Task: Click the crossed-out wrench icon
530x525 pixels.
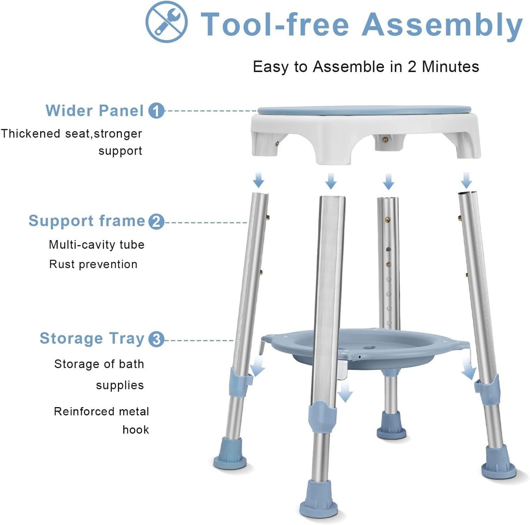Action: point(167,22)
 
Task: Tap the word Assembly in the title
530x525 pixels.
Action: point(442,25)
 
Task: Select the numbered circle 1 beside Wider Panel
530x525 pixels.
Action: point(156,111)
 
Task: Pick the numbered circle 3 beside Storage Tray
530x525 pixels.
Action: point(156,340)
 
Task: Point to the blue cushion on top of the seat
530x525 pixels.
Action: point(365,110)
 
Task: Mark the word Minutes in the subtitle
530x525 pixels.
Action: point(450,67)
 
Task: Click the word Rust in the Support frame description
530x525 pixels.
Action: point(62,264)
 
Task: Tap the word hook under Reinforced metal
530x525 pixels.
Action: point(136,429)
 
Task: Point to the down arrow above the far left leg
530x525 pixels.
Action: point(258,180)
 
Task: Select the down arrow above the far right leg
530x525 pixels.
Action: point(466,180)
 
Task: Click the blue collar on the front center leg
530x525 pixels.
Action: point(322,417)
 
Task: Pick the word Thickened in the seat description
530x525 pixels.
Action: point(30,134)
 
